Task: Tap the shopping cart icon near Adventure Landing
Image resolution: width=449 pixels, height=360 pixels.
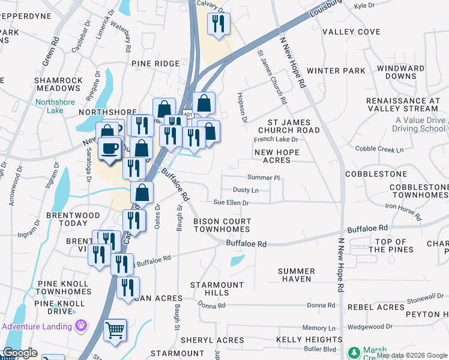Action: coord(115,329)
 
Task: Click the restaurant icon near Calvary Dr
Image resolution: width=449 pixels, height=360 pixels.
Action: coord(217,24)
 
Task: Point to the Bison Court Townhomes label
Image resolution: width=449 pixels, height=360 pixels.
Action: coord(221,226)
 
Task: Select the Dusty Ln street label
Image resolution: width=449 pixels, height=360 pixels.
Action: coord(246,190)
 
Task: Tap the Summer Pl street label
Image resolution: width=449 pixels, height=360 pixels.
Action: coord(264,178)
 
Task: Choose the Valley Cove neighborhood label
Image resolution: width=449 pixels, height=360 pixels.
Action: coord(351,32)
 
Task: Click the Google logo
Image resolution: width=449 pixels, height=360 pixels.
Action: coord(20,353)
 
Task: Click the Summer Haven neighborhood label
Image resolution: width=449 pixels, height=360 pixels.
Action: coord(296,275)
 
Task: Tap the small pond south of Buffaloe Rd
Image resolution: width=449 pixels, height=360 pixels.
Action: coord(237,260)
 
